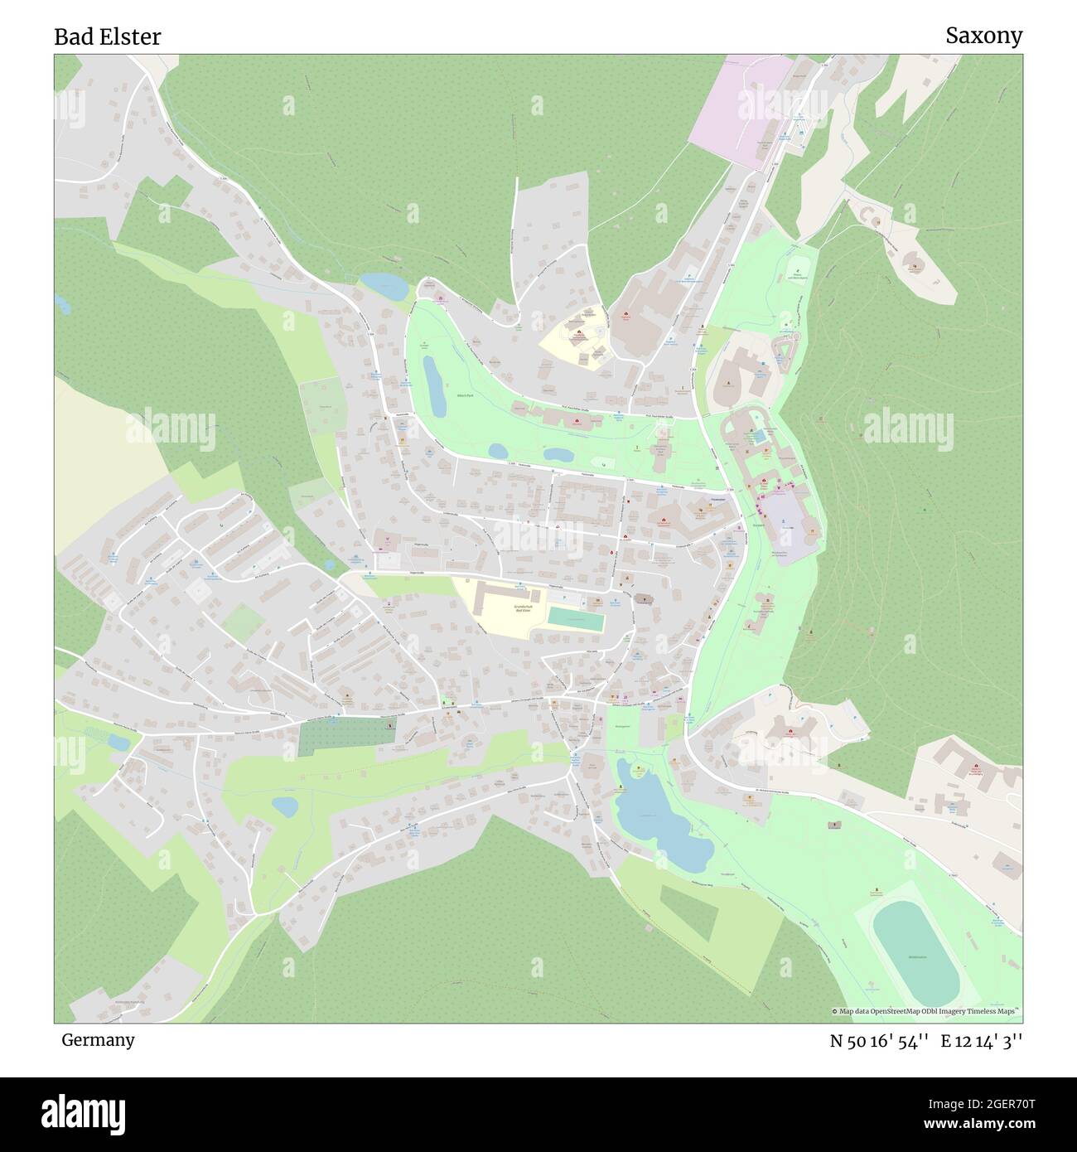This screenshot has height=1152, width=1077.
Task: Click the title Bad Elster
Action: coord(108,36)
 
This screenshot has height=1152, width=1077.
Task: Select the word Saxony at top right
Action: coord(983,36)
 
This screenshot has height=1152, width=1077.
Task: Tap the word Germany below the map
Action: coord(98,1039)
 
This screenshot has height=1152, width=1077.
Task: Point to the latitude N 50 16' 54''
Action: coord(881,1041)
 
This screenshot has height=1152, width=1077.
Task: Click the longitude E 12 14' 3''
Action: coord(981,1041)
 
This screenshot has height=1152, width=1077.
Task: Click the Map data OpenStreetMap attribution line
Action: coord(926,1011)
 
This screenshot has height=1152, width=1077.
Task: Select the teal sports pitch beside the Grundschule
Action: coord(575,618)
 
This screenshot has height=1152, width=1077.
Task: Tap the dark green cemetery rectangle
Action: coord(345,736)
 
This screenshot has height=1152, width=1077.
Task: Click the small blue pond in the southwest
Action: coord(284,805)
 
